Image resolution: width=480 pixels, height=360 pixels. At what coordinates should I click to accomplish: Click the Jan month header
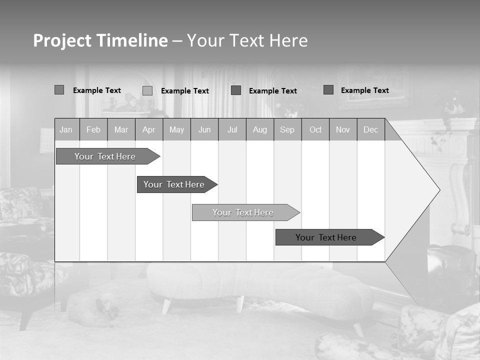[x=66, y=130]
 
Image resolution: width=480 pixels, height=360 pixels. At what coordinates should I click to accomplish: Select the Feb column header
[x=93, y=130]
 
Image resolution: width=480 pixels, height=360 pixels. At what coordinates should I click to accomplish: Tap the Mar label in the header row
[x=121, y=130]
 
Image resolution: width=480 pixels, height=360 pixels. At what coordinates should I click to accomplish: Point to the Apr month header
[x=149, y=130]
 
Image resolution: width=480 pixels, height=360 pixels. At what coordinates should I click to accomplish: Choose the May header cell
[x=176, y=130]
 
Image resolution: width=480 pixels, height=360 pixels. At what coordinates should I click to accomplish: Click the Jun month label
[x=204, y=130]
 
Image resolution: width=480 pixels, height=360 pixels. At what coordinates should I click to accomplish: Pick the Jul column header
[x=232, y=130]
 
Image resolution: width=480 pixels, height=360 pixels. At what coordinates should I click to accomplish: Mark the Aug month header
[x=260, y=130]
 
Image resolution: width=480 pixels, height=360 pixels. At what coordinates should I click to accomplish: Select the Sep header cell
[x=287, y=130]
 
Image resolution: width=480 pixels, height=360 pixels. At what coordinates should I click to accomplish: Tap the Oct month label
[x=315, y=130]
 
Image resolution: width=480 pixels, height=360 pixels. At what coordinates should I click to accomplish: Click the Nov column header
[x=343, y=130]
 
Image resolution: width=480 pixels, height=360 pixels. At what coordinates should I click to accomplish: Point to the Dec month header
[x=371, y=130]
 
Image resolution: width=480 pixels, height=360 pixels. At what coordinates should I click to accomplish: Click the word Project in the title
[x=62, y=40]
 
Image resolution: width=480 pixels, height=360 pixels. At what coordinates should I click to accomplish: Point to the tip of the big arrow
[x=439, y=190]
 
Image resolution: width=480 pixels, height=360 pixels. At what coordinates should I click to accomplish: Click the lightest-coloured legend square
[x=147, y=90]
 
